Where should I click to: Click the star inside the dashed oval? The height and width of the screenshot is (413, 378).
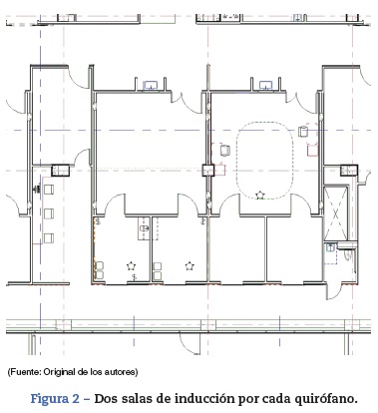(x=260, y=195)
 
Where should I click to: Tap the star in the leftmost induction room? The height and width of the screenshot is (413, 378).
(x=132, y=265)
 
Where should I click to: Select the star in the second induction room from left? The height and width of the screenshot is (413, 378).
(x=189, y=265)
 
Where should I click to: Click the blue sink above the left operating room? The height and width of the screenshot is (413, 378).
(x=152, y=86)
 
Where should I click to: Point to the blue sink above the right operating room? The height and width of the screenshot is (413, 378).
(x=266, y=86)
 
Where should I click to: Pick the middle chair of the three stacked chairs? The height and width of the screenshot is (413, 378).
(x=49, y=213)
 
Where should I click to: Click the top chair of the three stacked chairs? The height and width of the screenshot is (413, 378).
(x=49, y=190)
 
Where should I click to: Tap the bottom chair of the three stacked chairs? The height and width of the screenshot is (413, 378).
(x=49, y=238)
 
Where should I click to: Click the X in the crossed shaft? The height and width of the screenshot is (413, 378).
(x=335, y=214)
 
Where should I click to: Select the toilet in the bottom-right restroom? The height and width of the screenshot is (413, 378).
(x=348, y=254)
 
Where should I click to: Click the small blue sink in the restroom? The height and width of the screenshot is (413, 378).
(x=330, y=247)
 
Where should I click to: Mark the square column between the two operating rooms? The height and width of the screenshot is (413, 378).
(x=208, y=171)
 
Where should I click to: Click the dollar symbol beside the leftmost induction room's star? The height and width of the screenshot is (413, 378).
(x=134, y=277)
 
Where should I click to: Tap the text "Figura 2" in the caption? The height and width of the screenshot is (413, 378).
(x=55, y=398)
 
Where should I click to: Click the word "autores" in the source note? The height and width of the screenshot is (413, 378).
(x=122, y=372)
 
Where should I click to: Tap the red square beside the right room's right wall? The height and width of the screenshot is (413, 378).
(x=312, y=151)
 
